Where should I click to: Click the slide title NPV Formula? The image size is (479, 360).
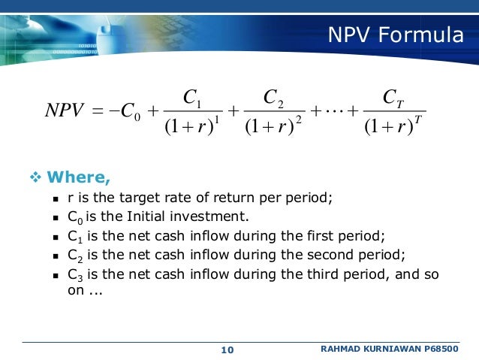pyautogui.click(x=395, y=35)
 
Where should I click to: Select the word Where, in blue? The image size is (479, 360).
pyautogui.click(x=79, y=177)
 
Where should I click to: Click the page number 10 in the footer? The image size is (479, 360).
pyautogui.click(x=227, y=350)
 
